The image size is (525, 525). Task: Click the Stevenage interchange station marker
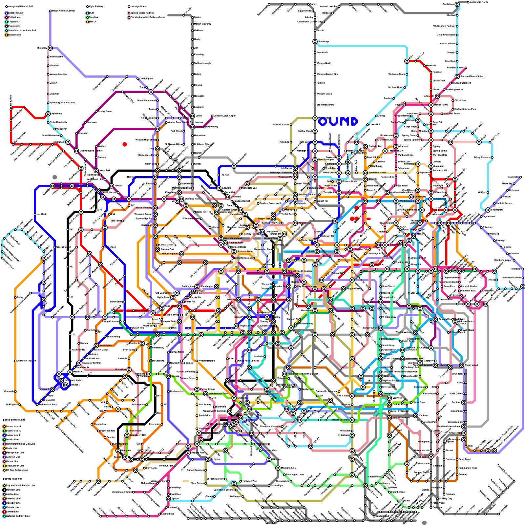pyautogui.click(x=315, y=41)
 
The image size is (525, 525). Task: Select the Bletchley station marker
pyautogui.click(x=50, y=48)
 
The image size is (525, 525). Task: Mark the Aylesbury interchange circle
pyautogui.click(x=48, y=114)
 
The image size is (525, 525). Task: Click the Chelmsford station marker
pyautogui.click(x=488, y=210)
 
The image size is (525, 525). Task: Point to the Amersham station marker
pyautogui.click(x=68, y=142)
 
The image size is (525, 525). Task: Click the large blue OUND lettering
pyautogui.click(x=338, y=121)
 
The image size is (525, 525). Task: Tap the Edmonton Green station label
pyautogui.click(x=377, y=173)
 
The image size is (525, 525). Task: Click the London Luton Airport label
pyautogui.click(x=225, y=116)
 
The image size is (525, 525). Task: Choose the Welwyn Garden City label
pyautogui.click(x=327, y=74)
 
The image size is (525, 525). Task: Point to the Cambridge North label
pyautogui.click(x=479, y=2)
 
